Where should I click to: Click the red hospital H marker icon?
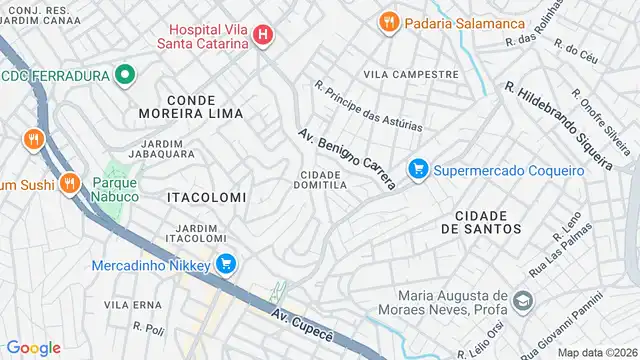[x=263, y=36]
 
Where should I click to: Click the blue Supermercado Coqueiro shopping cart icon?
[x=419, y=170]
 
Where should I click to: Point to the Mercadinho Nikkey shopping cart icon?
[x=227, y=265]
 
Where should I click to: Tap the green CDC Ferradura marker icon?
[x=124, y=75]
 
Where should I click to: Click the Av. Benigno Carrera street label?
[x=347, y=158]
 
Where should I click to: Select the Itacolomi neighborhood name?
[x=205, y=198]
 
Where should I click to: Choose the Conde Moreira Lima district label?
[x=205, y=108]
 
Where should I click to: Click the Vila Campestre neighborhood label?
[x=411, y=75]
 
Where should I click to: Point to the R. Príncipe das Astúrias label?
[x=368, y=107]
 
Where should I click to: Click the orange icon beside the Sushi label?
[x=69, y=183]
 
